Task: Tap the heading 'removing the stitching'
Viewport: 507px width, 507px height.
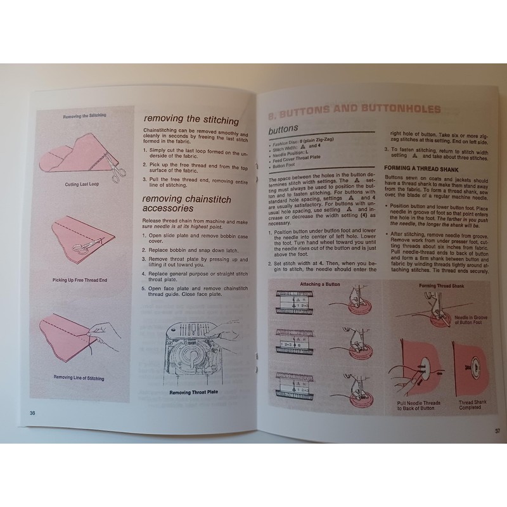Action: click(x=191, y=119)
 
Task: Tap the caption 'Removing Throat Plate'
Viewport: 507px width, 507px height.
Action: click(x=195, y=392)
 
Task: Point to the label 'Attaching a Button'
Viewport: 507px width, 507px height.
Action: click(x=320, y=284)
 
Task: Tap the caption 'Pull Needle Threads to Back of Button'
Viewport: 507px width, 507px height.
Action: click(x=418, y=406)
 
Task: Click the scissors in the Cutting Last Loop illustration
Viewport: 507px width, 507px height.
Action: click(x=115, y=167)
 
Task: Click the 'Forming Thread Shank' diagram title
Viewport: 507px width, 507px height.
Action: click(x=437, y=285)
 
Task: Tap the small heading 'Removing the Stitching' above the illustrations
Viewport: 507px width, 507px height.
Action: click(x=84, y=115)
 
